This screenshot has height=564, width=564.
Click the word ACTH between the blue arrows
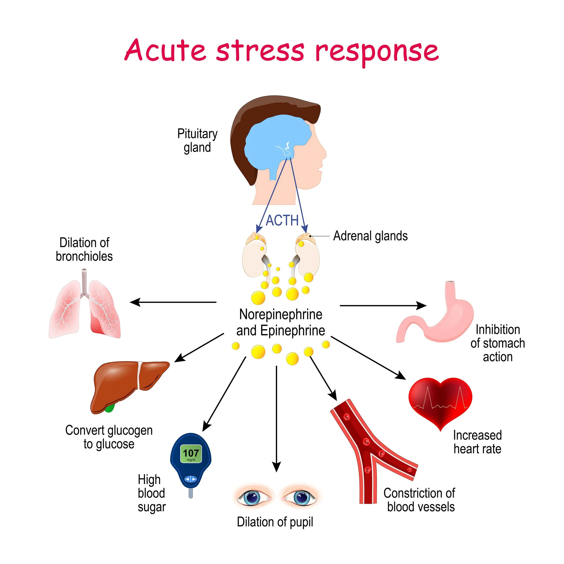tap(282, 220)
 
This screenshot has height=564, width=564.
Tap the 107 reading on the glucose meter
tap(191, 453)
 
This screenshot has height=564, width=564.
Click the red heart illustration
tap(440, 401)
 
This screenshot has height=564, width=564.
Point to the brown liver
tap(123, 382)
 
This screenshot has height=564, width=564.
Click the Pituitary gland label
tap(197, 140)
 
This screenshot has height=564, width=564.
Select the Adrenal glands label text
tap(370, 236)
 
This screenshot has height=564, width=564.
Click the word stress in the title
tap(260, 51)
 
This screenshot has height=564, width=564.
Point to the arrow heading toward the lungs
tap(173, 302)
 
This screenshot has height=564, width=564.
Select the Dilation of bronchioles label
tap(84, 250)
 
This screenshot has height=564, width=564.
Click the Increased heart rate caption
tap(477, 442)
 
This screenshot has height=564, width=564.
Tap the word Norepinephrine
tap(281, 314)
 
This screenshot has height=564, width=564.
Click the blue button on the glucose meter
tap(191, 479)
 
